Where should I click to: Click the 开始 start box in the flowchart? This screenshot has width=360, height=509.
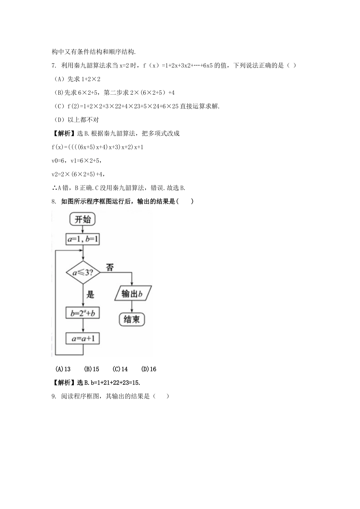[x=83, y=219]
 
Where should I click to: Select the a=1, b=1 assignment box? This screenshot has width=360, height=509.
[x=83, y=239]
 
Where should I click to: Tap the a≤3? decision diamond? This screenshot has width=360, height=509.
[x=83, y=272]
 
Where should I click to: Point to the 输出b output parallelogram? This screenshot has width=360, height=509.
[x=133, y=294]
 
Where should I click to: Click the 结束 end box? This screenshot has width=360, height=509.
[x=131, y=319]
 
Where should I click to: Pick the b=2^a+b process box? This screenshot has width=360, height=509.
[x=83, y=313]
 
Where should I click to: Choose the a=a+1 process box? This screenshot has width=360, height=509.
[x=83, y=338]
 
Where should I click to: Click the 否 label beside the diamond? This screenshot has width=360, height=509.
[x=110, y=267]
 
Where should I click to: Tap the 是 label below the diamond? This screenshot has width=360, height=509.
[x=90, y=294]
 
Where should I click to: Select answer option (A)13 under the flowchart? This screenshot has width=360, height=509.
[x=63, y=369]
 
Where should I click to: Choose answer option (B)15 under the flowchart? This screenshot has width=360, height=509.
[x=91, y=369]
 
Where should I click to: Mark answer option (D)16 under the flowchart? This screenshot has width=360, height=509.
[x=148, y=369]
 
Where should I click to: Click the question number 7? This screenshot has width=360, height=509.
[x=53, y=66]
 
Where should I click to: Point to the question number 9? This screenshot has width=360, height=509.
[x=53, y=396]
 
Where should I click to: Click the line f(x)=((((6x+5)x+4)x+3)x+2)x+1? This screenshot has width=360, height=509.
[x=97, y=147]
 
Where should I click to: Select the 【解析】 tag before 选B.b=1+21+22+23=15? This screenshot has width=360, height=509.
[x=63, y=383]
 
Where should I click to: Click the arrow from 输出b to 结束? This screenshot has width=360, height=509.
[x=131, y=306]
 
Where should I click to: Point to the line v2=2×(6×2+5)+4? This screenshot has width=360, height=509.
[x=78, y=174]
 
